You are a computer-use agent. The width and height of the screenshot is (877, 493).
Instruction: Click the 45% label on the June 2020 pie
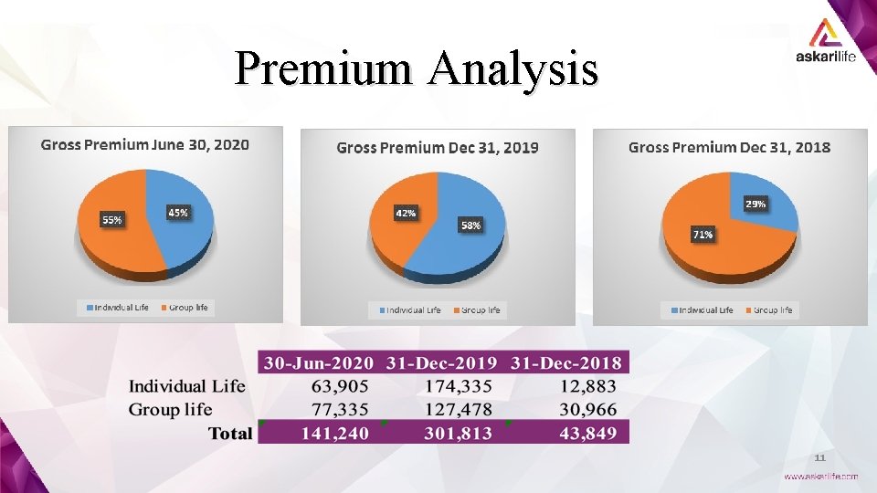tap(178, 213)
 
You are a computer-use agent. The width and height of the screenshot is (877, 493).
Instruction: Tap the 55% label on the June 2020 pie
tap(111, 220)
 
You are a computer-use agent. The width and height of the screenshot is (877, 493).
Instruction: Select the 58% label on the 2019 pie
tap(470, 226)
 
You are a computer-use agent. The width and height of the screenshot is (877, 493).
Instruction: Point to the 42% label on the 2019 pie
tap(406, 214)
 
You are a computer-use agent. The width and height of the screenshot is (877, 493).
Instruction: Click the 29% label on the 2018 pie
tap(755, 204)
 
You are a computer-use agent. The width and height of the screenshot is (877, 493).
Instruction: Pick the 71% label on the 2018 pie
tap(703, 235)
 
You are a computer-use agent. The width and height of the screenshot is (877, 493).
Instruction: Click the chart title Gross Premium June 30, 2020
tap(145, 145)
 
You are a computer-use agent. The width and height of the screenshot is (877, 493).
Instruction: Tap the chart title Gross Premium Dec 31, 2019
tap(438, 148)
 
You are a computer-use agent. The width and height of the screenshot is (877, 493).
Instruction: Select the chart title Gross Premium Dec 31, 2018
tap(729, 148)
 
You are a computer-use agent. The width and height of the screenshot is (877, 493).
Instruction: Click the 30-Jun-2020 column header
tap(319, 363)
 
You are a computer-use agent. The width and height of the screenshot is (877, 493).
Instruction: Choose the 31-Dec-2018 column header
tap(566, 363)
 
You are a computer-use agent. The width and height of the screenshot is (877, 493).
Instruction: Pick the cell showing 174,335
tap(459, 386)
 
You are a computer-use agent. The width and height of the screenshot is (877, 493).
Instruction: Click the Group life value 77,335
tap(340, 410)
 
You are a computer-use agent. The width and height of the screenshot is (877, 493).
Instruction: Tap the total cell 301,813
tap(458, 433)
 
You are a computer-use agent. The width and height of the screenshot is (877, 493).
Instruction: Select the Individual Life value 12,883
tap(588, 386)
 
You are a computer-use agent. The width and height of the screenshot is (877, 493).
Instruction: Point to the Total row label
tap(230, 433)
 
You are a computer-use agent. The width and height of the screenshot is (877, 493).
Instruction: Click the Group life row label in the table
tap(171, 410)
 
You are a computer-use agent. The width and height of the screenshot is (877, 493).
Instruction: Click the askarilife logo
tap(826, 40)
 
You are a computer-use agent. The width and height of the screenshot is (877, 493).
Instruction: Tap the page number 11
tap(820, 457)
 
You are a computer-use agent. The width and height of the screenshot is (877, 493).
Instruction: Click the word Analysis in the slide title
tap(514, 69)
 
